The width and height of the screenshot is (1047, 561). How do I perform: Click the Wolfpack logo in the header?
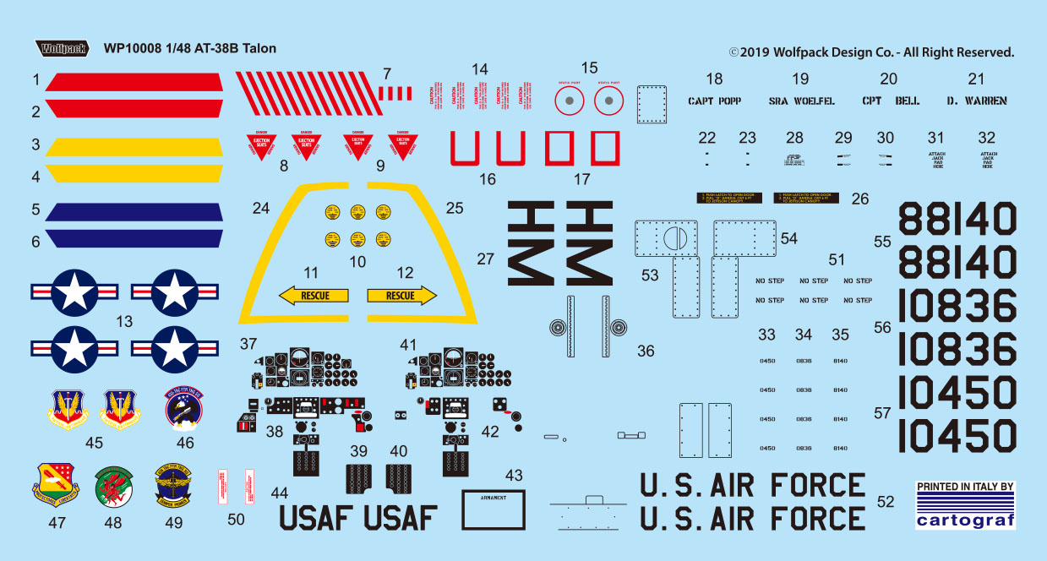(x=62, y=47)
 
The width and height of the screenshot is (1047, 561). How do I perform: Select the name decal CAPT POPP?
(x=714, y=101)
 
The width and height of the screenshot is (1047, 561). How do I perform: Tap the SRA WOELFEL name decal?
(x=801, y=101)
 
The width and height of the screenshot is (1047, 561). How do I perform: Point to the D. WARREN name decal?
(x=977, y=101)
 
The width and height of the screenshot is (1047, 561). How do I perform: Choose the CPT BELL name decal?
(x=891, y=101)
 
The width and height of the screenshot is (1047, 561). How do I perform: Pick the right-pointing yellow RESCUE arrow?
(x=401, y=296)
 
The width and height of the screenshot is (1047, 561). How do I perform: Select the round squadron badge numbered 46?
(x=184, y=410)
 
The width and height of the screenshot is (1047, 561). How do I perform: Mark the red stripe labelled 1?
(x=134, y=82)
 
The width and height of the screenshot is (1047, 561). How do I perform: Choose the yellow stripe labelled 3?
(x=134, y=146)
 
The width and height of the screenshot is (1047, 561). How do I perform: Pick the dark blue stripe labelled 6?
(x=134, y=239)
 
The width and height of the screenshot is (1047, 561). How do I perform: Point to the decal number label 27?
(x=485, y=259)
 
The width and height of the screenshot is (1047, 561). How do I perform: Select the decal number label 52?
(x=885, y=501)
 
